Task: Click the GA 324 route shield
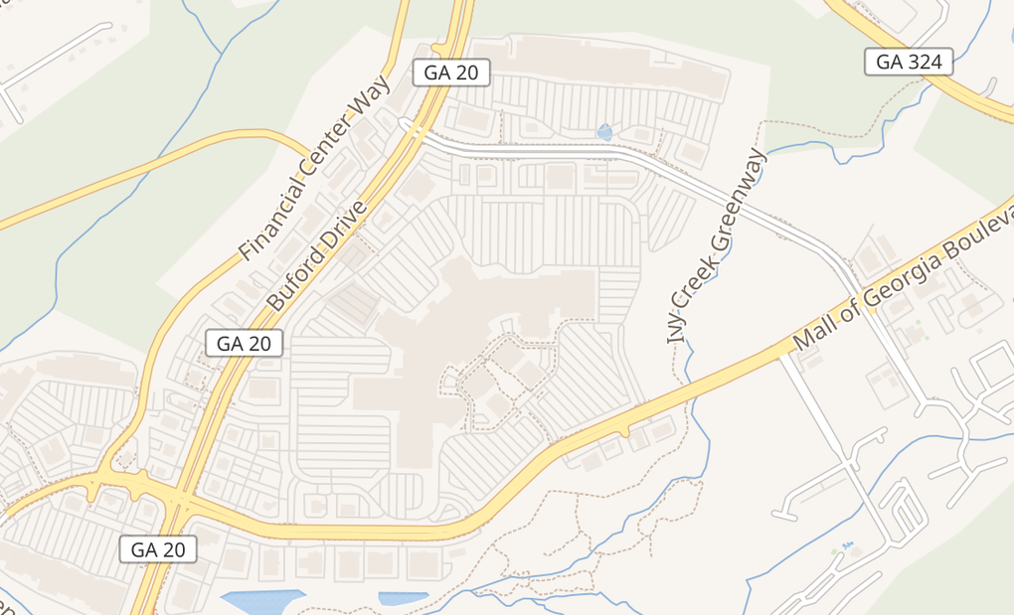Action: [909, 62]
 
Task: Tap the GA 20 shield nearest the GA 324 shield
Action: [452, 72]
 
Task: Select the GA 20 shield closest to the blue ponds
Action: [158, 548]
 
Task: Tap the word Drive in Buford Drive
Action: [346, 224]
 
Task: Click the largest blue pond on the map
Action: [260, 602]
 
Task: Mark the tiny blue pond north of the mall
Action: [604, 131]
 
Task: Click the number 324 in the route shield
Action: [925, 62]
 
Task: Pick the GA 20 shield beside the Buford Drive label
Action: [244, 344]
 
